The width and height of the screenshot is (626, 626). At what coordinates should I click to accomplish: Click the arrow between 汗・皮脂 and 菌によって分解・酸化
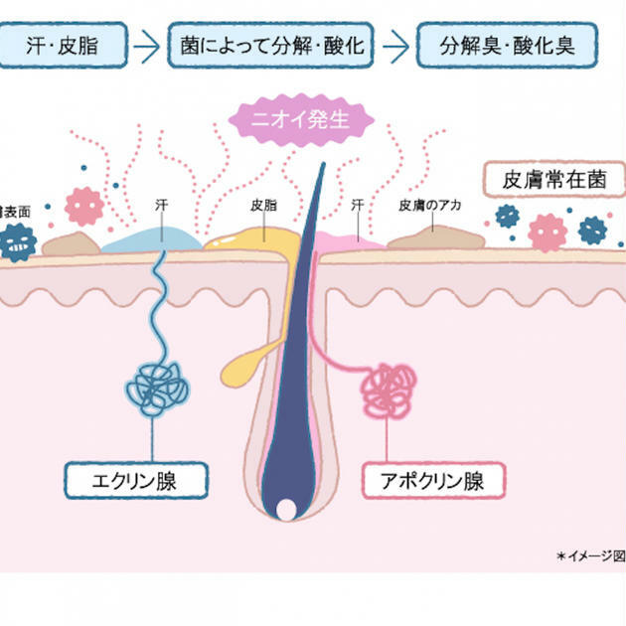(x=148, y=46)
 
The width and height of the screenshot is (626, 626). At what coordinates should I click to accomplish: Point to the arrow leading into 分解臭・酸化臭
(x=396, y=46)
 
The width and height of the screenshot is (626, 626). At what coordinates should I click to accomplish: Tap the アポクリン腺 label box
(x=432, y=481)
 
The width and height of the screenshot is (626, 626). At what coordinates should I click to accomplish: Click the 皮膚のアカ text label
(x=431, y=207)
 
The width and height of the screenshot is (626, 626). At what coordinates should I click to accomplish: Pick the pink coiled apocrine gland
(x=389, y=389)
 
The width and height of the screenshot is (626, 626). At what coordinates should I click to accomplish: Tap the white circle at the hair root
(x=285, y=510)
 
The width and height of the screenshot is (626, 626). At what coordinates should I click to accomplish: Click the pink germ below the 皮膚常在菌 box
(x=548, y=231)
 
